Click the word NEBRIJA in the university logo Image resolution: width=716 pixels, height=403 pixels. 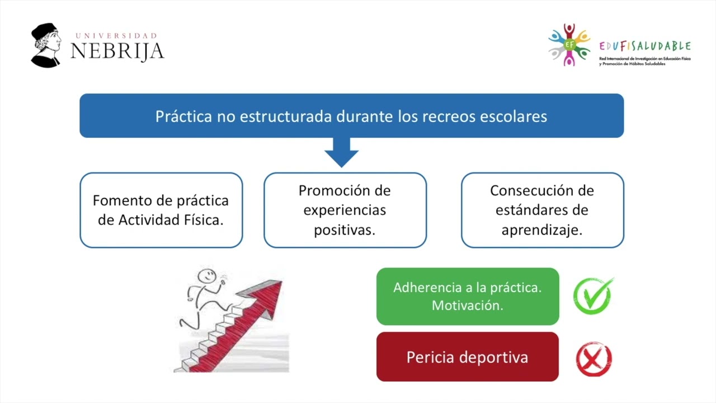[117, 51]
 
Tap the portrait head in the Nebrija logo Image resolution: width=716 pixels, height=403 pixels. [46, 42]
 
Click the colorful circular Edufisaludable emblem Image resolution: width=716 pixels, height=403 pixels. [569, 45]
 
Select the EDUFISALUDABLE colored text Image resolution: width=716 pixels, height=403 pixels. [644, 46]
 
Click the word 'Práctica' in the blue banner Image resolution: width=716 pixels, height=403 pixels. [183, 116]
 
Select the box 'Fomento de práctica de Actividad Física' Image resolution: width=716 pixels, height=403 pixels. [161, 210]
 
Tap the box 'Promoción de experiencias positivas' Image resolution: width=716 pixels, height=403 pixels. [345, 210]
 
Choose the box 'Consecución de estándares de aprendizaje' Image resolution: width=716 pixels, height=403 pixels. [542, 210]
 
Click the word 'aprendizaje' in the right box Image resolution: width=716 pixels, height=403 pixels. [542, 230]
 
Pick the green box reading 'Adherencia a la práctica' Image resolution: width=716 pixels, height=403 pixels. [468, 296]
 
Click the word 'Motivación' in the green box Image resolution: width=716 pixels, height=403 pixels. [468, 306]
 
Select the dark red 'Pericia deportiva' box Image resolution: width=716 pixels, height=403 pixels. [468, 357]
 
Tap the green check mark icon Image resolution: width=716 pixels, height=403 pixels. [593, 296]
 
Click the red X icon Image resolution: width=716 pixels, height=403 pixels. [593, 360]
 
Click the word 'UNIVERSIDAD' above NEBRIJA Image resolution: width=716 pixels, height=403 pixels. [116, 36]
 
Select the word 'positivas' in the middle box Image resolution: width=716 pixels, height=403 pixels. [345, 230]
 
